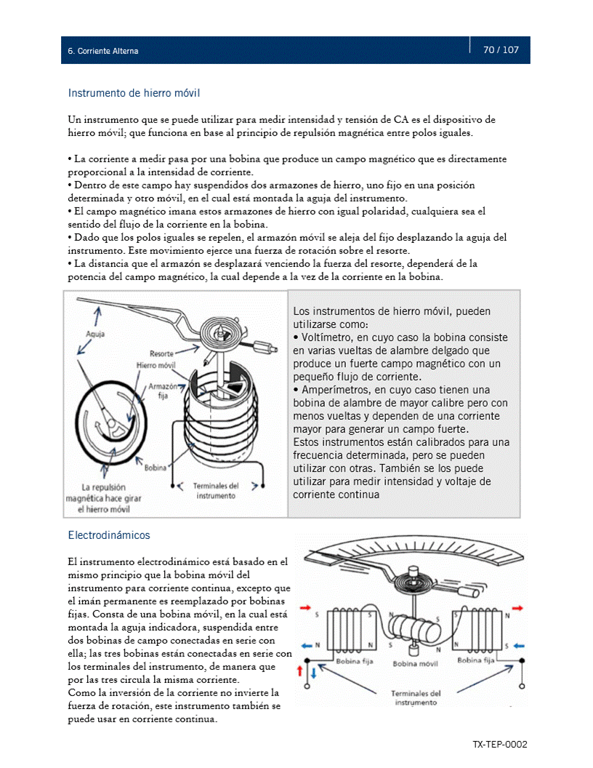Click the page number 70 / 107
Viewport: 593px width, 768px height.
[x=501, y=50]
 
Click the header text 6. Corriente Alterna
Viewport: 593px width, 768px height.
[x=102, y=52]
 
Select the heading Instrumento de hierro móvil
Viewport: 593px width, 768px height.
[x=134, y=93]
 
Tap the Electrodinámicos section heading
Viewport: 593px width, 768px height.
[x=109, y=535]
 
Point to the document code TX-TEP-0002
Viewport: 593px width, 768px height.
[x=499, y=745]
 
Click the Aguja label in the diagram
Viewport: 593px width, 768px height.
[x=94, y=335]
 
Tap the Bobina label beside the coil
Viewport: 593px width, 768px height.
[x=155, y=468]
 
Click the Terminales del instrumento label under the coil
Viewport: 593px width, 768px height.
[x=216, y=490]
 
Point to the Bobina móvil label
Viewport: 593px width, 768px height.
[x=414, y=664]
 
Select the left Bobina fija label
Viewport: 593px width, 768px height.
[x=355, y=661]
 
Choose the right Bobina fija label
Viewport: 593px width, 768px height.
[x=476, y=660]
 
